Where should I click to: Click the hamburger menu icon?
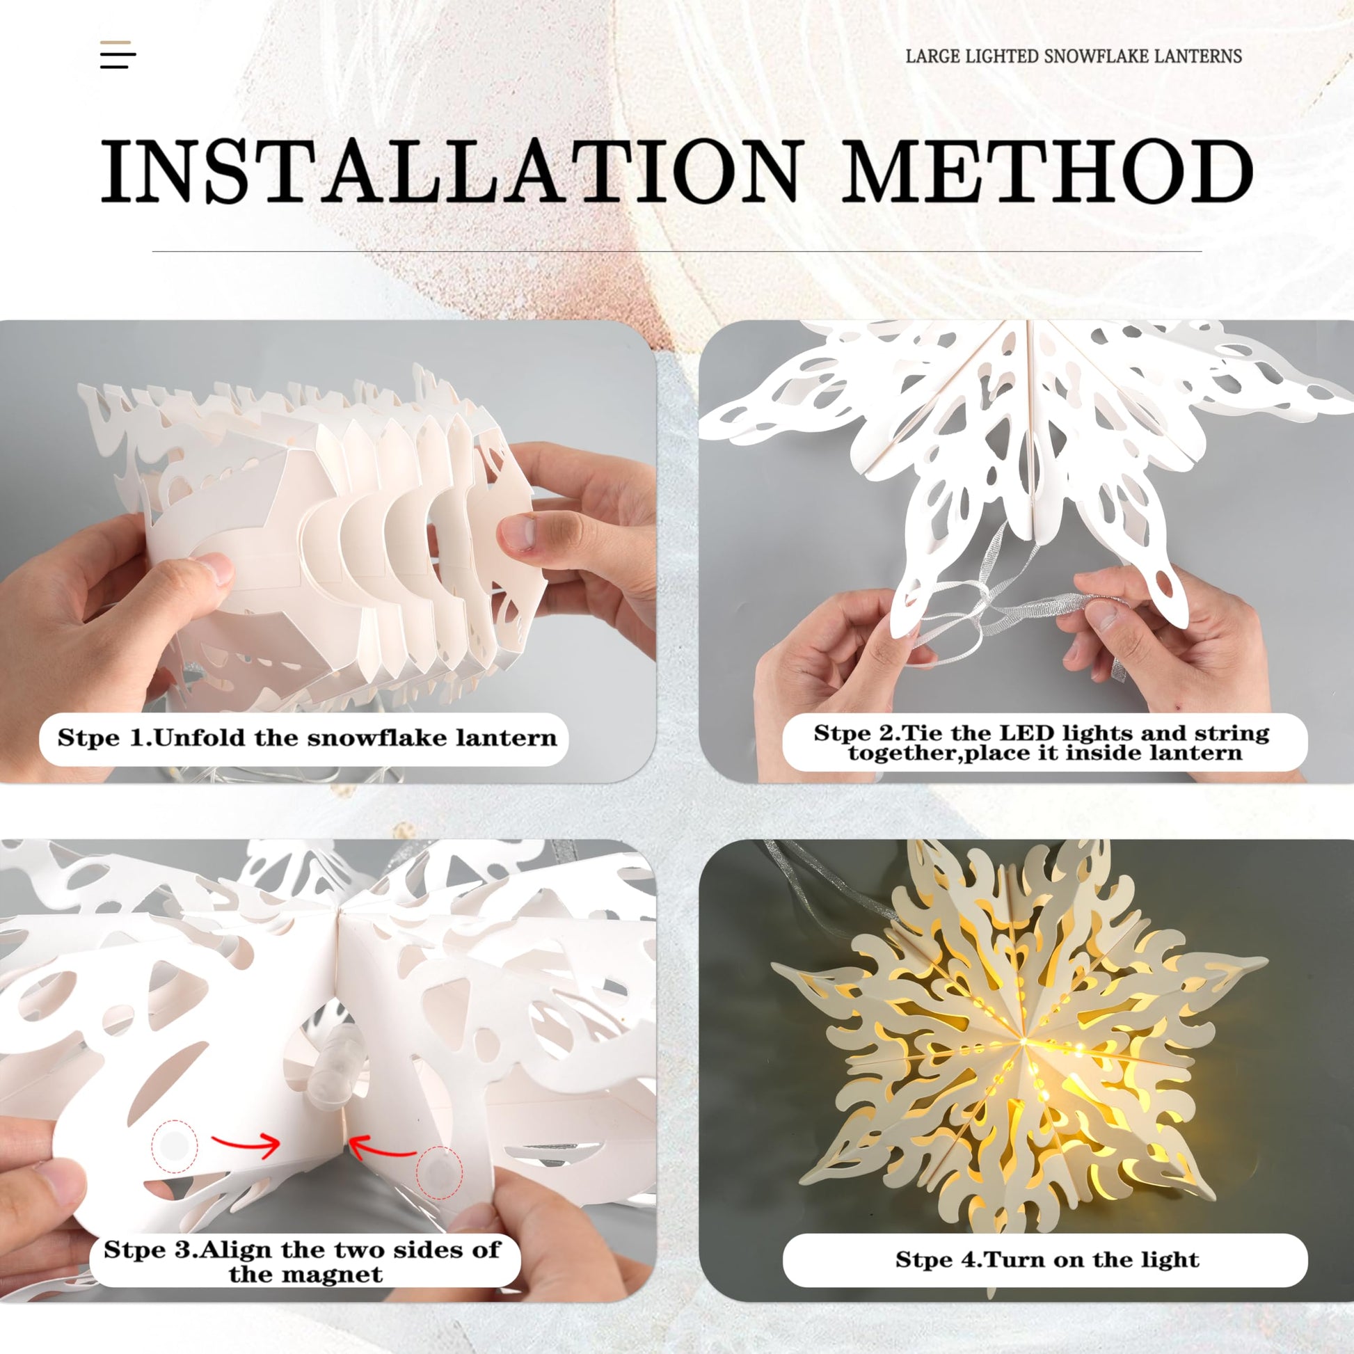click(118, 55)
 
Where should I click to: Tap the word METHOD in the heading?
click(1048, 172)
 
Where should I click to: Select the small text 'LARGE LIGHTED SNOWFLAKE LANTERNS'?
click(1074, 56)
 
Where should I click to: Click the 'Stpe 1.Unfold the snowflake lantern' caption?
click(307, 738)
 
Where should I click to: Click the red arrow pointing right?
click(246, 1145)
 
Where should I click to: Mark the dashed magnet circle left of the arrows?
click(175, 1147)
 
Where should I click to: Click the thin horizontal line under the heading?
click(677, 251)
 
